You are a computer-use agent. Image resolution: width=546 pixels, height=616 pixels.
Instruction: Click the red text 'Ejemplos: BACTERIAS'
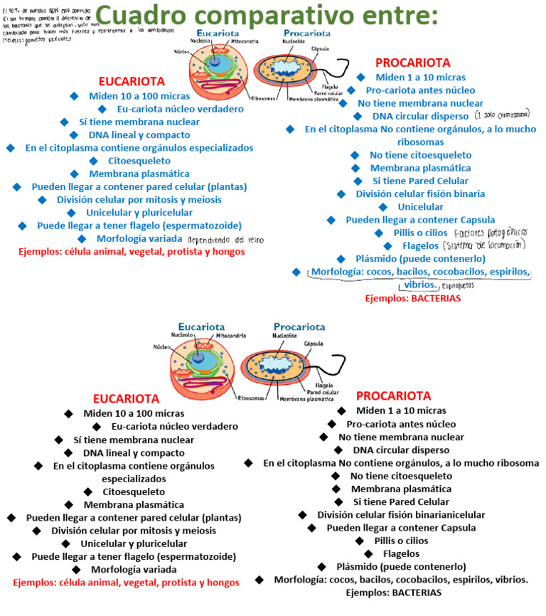412,299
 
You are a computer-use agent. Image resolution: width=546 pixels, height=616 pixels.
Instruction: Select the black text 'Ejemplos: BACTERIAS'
393,592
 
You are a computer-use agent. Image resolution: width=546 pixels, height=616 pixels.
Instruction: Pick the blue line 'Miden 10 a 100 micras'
139,95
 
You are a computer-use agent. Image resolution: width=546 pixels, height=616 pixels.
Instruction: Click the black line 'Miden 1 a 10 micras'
401,410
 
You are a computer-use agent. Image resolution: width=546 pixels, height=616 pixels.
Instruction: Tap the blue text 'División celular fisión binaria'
420,193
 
